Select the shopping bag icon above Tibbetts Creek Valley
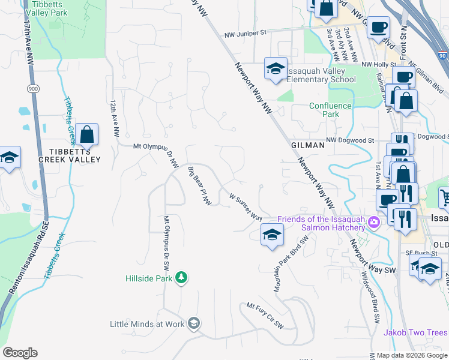(x=87, y=135)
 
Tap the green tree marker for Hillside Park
(x=181, y=278)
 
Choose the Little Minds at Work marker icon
(x=193, y=323)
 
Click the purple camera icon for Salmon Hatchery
(x=374, y=223)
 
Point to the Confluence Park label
(x=330, y=110)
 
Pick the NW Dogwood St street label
(x=350, y=140)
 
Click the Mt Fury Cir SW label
(x=265, y=315)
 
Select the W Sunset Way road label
(x=247, y=205)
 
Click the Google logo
(x=20, y=353)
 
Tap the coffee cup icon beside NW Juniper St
(x=378, y=27)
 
